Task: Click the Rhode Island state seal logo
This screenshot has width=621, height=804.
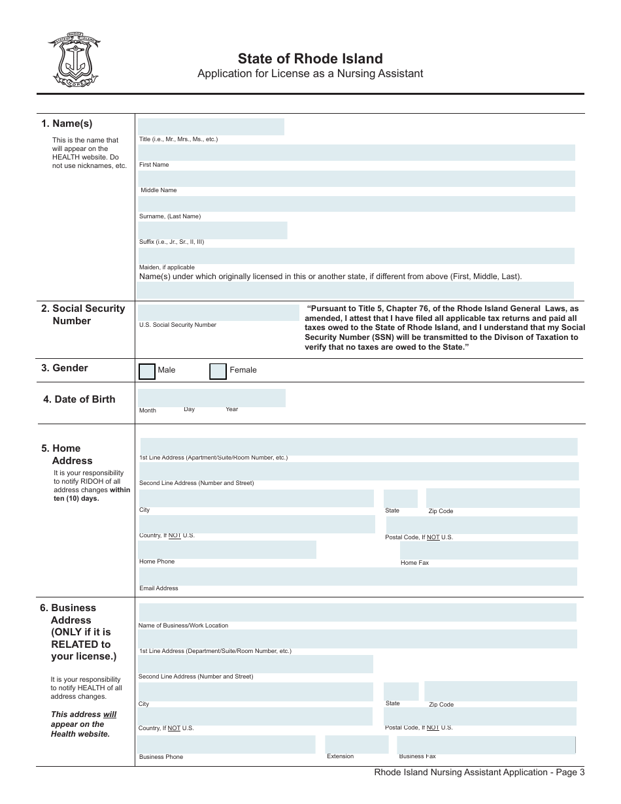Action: tap(73, 59)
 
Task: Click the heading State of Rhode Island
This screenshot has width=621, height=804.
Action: tap(310, 59)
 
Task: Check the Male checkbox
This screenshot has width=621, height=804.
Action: tap(147, 371)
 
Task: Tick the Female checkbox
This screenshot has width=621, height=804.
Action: tap(218, 371)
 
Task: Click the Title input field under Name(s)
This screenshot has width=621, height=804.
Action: tap(210, 126)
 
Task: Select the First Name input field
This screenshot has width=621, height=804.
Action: tap(356, 152)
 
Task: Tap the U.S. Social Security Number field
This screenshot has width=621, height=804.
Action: tap(218, 312)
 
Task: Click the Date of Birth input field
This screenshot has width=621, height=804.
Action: tap(211, 397)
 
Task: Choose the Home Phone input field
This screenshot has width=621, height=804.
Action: tap(227, 550)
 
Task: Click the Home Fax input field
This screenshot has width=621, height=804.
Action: tap(489, 550)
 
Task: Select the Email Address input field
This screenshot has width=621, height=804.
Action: tap(358, 576)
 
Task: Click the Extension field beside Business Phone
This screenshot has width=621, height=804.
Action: tap(356, 744)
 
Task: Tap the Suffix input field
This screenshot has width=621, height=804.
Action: tap(212, 230)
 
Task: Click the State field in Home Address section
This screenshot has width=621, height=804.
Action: tap(400, 498)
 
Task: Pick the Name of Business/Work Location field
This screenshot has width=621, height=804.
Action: tap(357, 612)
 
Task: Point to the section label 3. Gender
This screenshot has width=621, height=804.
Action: tap(65, 368)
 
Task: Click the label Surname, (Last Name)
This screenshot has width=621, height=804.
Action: tap(170, 216)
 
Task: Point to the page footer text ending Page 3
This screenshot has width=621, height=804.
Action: tap(479, 772)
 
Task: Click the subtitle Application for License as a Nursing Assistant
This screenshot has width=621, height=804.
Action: tap(310, 73)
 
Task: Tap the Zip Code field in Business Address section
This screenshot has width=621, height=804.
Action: tap(500, 691)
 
